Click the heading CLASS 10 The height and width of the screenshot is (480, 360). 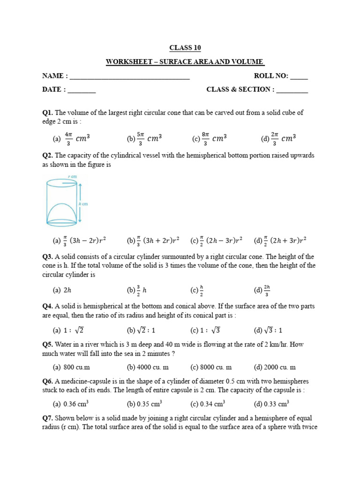coord(185,48)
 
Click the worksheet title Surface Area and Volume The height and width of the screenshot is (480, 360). coord(185,62)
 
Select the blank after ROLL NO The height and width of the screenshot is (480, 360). coord(299,76)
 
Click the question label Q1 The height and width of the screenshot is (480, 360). coord(47,112)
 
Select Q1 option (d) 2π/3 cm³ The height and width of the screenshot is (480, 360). coord(278,138)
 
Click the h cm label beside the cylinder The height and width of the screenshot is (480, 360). coord(84,204)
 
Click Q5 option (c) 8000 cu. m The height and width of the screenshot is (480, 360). coord(211,367)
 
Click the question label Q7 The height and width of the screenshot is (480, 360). coord(47,418)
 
